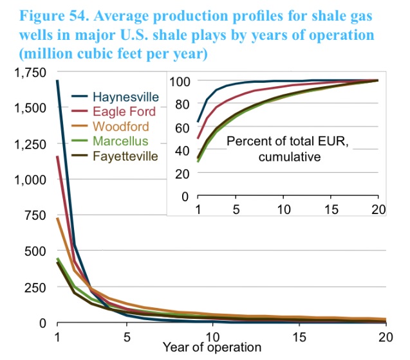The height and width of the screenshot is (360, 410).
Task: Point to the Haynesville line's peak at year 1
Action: (57, 80)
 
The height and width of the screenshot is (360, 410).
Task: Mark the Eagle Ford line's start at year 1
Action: (57, 156)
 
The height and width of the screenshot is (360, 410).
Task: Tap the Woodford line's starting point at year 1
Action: (57, 218)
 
